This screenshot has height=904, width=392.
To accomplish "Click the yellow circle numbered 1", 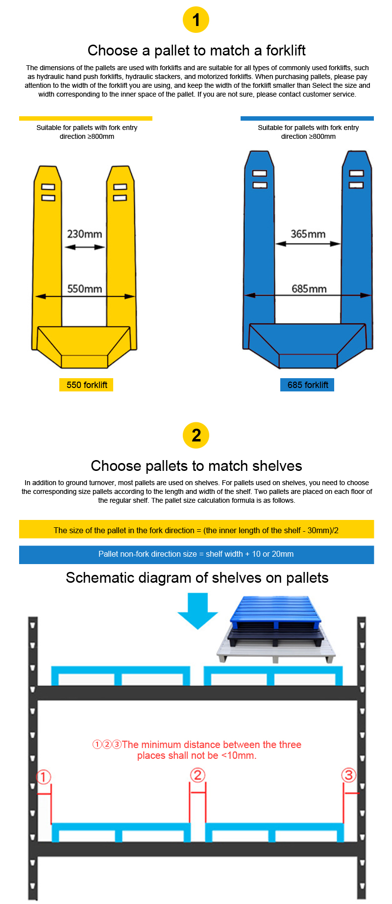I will click(196, 20).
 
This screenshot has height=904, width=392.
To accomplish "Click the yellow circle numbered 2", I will click(196, 435).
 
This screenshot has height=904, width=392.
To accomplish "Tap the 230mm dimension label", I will click(85, 234).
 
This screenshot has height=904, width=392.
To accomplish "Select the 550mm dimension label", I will click(85, 289).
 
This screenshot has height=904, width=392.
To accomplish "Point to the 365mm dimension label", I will click(308, 234).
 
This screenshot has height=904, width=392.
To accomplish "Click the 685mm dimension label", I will click(309, 289).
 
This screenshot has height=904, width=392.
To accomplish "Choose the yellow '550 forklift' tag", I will click(87, 385).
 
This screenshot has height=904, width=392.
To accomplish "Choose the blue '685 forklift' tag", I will click(308, 385).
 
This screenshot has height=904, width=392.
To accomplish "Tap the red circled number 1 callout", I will click(44, 777).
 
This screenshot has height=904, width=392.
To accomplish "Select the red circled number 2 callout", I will click(197, 775).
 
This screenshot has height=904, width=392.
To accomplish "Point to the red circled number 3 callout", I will click(348, 775).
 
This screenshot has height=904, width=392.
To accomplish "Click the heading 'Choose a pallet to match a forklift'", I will click(196, 51).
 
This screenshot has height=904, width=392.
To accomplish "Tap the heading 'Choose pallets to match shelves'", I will click(196, 466).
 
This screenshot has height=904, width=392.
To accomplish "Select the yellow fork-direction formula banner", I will click(196, 530).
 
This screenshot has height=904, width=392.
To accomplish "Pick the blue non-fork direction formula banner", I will click(196, 554).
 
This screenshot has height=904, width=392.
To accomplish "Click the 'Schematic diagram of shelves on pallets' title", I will click(197, 578).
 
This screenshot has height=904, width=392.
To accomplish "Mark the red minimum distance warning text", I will click(197, 750).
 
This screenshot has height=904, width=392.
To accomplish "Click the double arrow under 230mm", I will click(85, 247).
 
